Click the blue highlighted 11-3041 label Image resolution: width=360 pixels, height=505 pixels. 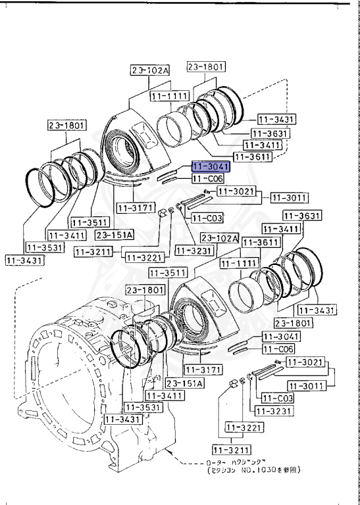[211, 167]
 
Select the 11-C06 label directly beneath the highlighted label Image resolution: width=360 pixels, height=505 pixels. [208, 178]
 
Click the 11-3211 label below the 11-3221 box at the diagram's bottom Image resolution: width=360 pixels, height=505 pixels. [228, 450]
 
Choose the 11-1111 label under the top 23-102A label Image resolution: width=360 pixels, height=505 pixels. [169, 95]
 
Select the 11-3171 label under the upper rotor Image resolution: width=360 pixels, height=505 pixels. [134, 208]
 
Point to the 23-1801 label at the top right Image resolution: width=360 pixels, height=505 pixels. [206, 66]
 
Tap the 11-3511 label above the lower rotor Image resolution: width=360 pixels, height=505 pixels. [165, 272]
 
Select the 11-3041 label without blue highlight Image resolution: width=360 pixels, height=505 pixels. [280, 336]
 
